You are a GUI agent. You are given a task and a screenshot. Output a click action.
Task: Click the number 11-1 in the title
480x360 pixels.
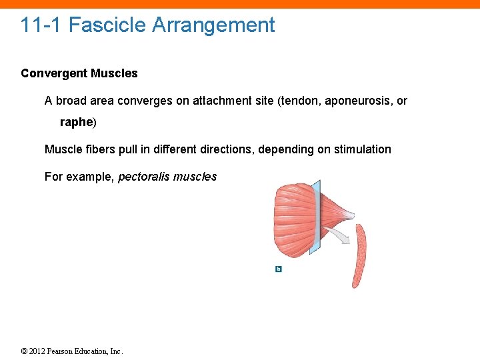click(x=41, y=25)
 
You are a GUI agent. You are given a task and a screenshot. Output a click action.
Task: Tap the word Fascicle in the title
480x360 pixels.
click(x=107, y=25)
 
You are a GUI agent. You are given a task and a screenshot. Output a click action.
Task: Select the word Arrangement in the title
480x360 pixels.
click(x=213, y=25)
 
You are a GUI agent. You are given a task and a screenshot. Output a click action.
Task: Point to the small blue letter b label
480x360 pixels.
click(x=279, y=269)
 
